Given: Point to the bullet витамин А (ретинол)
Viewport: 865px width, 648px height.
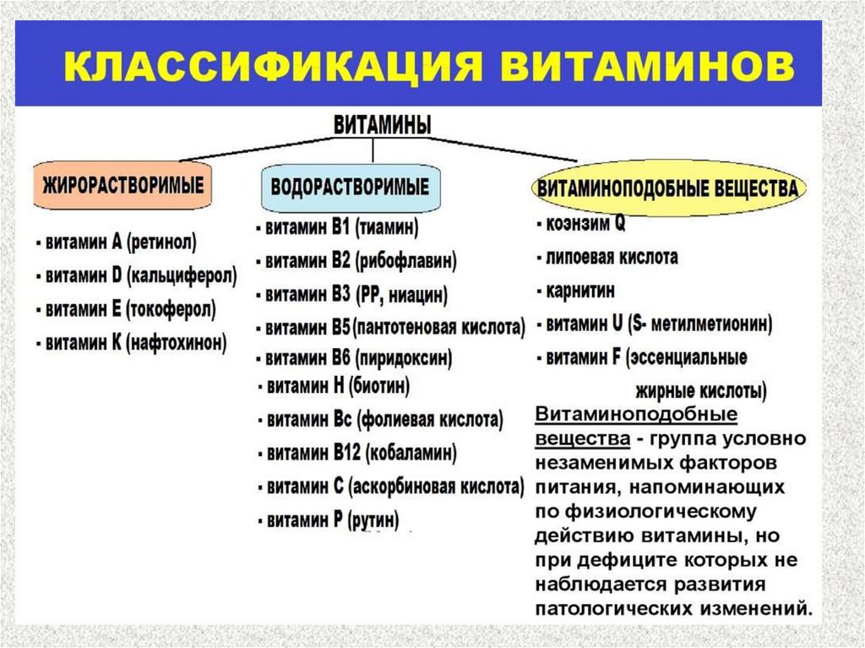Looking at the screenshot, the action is click(117, 242).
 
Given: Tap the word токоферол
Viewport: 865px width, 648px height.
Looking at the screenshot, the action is click(171, 308).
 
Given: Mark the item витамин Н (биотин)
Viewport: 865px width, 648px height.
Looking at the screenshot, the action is click(333, 387).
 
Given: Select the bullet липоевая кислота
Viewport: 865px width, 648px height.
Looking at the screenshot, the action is click(607, 257).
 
